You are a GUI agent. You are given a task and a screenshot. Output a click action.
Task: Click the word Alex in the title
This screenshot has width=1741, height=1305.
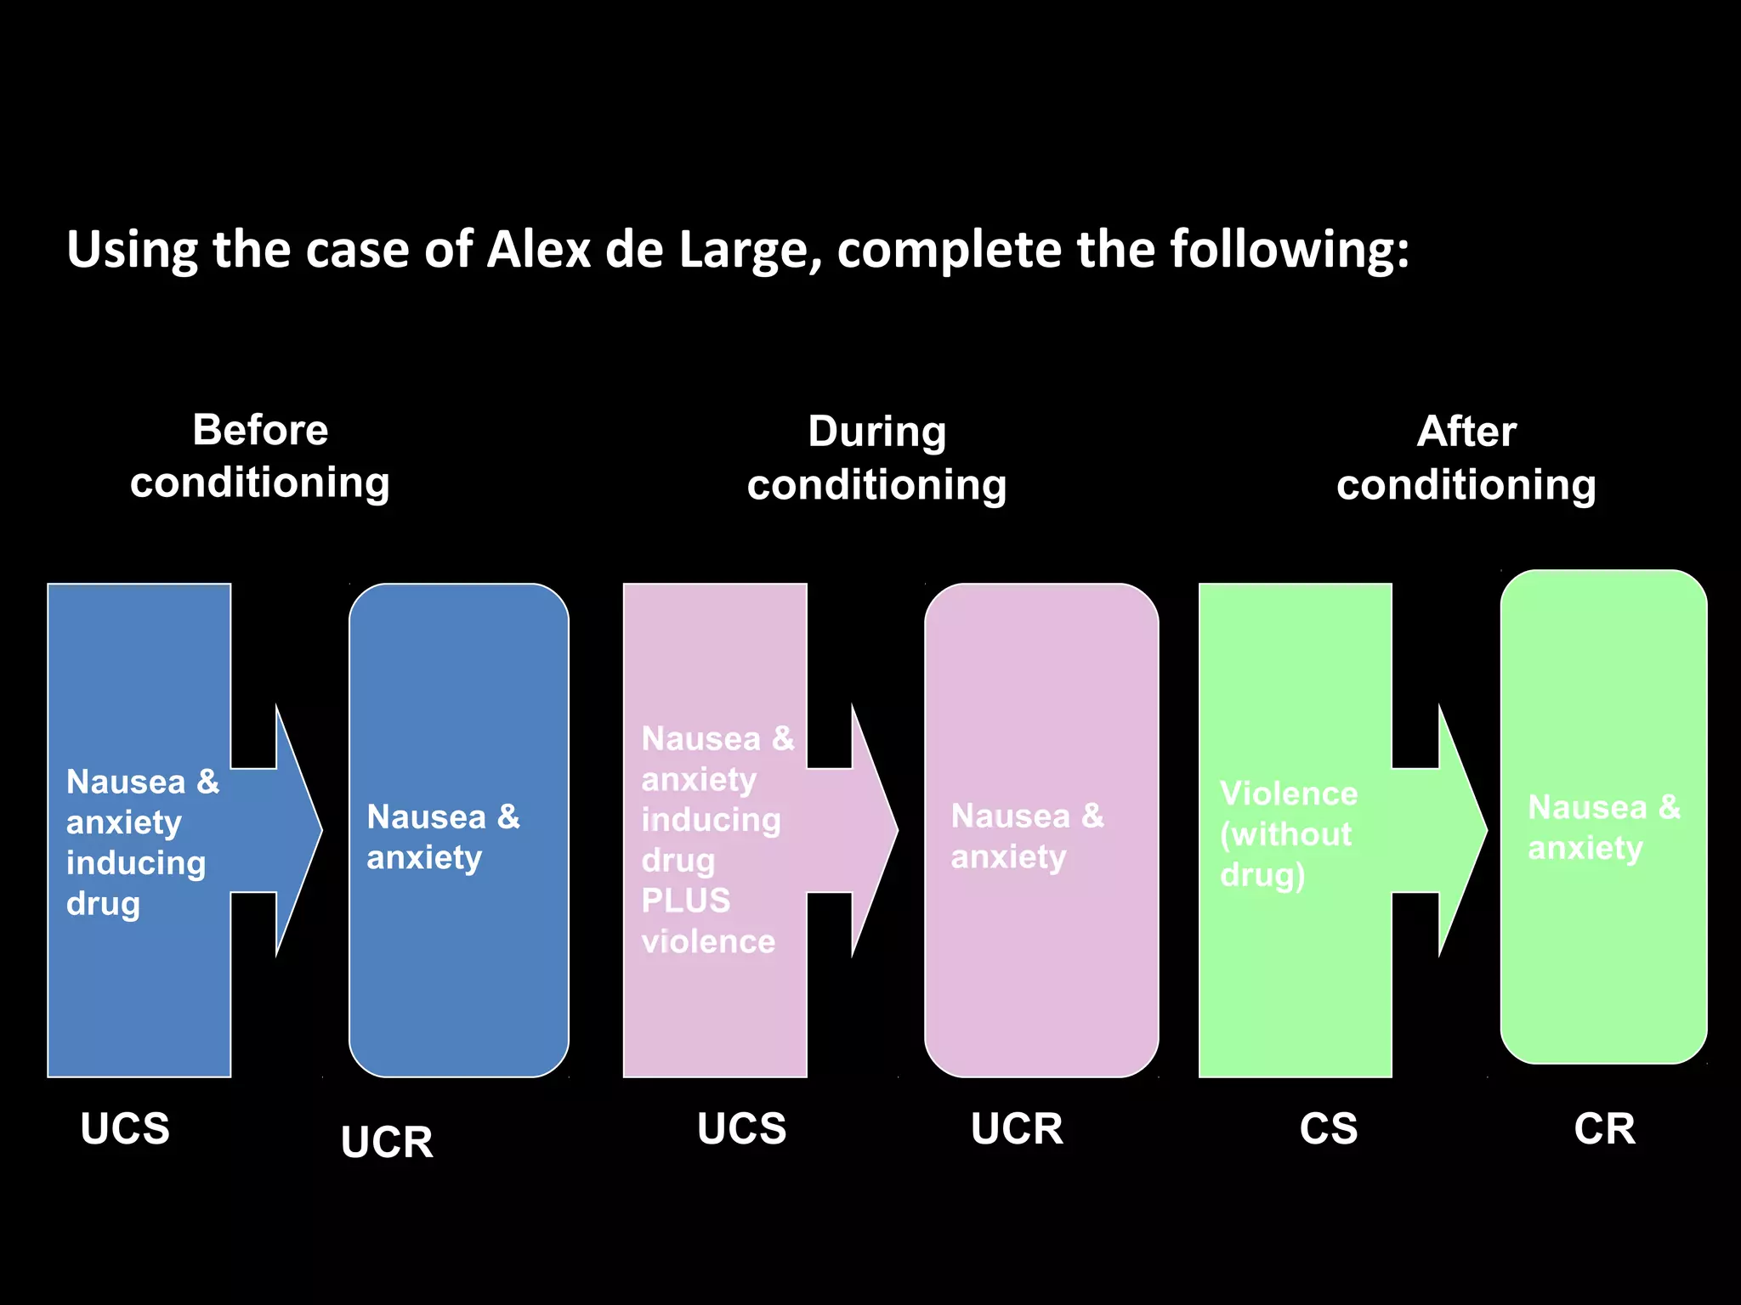tap(538, 250)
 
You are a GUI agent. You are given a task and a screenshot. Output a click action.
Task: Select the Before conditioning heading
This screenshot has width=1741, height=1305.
tap(260, 456)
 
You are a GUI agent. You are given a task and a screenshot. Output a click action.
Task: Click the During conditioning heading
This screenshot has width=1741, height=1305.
tap(876, 458)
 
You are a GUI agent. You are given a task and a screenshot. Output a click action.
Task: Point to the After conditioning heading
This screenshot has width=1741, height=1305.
tap(1466, 458)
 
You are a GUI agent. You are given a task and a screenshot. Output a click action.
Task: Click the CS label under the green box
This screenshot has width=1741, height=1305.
tap(1328, 1129)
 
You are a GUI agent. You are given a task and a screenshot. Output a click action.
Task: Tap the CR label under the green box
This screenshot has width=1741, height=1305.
tap(1604, 1129)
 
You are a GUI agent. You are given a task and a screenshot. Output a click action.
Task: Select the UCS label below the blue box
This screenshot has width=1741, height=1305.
tap(125, 1129)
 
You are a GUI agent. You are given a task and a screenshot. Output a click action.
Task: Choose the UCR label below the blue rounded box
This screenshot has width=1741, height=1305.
tap(387, 1142)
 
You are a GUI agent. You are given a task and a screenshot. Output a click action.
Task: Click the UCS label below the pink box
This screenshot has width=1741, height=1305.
tap(741, 1129)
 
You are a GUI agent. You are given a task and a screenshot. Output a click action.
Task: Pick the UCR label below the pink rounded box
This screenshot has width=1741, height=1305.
tap(1017, 1129)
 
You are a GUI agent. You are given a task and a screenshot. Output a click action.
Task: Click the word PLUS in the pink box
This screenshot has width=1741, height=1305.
tap(685, 901)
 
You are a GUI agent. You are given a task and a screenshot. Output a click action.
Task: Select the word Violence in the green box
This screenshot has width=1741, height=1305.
tap(1289, 794)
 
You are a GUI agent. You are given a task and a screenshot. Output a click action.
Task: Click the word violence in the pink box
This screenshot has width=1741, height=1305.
tap(708, 941)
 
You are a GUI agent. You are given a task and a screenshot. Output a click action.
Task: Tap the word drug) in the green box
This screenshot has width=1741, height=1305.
tap(1262, 874)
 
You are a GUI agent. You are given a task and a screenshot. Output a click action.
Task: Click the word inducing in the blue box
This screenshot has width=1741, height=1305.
tap(136, 863)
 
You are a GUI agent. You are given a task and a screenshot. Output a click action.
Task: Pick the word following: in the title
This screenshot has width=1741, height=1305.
tap(1290, 250)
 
